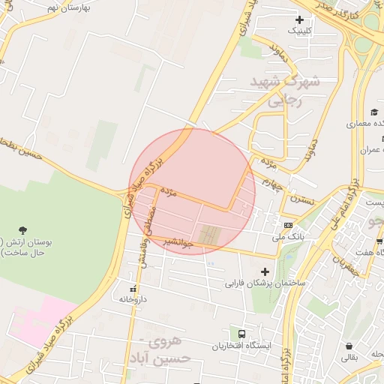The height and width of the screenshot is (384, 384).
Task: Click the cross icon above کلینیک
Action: tap(300, 19)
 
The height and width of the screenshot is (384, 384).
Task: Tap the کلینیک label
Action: tap(301, 31)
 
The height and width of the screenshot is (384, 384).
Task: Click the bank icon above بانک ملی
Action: tap(288, 226)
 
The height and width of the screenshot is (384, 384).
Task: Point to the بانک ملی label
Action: tap(289, 236)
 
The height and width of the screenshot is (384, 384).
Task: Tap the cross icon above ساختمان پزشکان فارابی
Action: tap(264, 271)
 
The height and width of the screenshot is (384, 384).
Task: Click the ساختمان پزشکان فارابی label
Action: tap(264, 284)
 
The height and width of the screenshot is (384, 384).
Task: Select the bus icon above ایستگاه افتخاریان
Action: tap(241, 334)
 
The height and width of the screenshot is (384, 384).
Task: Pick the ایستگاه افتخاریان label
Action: tap(241, 346)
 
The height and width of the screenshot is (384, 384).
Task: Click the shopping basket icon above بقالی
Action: tap(350, 346)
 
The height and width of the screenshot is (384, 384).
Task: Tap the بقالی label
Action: tap(350, 358)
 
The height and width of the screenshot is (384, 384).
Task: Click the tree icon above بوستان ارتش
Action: tap(23, 229)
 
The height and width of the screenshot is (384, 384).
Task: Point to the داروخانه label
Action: tap(134, 298)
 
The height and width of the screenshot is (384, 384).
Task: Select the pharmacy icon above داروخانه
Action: tap(134, 288)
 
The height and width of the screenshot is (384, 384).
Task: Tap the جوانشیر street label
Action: tap(178, 243)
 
